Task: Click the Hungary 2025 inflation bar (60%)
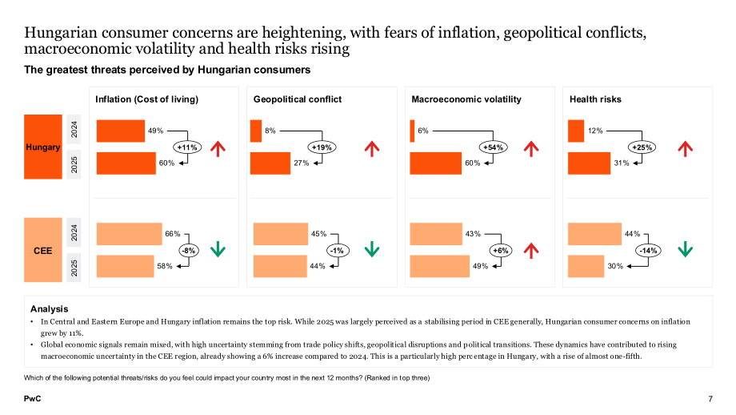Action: pyautogui.click(x=126, y=163)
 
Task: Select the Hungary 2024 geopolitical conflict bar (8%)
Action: pyautogui.click(x=256, y=131)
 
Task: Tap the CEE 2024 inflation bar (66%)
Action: pyautogui.click(x=129, y=234)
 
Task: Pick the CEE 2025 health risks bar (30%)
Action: pyautogui.click(x=586, y=266)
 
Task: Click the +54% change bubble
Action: pyautogui.click(x=494, y=147)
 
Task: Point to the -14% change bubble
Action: pyautogui.click(x=648, y=251)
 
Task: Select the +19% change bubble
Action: pyautogui.click(x=322, y=147)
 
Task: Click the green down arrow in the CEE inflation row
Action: pyautogui.click(x=218, y=249)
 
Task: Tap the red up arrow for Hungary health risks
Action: pyautogui.click(x=686, y=148)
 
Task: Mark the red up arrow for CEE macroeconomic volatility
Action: pyautogui.click(x=531, y=251)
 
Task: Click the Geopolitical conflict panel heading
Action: pyautogui.click(x=298, y=99)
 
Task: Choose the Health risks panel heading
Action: pyautogui.click(x=595, y=99)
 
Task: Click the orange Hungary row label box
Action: pyautogui.click(x=43, y=147)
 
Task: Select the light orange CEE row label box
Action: pyautogui.click(x=43, y=250)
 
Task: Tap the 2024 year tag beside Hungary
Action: pyautogui.click(x=74, y=129)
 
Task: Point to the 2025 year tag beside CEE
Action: pyautogui.click(x=74, y=268)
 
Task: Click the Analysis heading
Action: pyautogui.click(x=50, y=308)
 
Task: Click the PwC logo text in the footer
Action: pyautogui.click(x=32, y=398)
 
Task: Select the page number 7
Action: pyautogui.click(x=710, y=399)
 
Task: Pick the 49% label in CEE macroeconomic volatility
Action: pyautogui.click(x=480, y=266)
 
